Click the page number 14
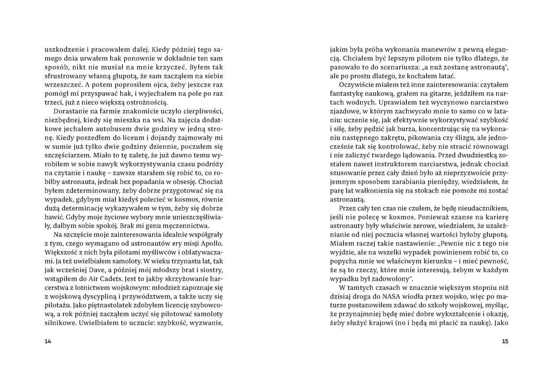pos(47,341)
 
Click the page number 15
pos(505,341)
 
